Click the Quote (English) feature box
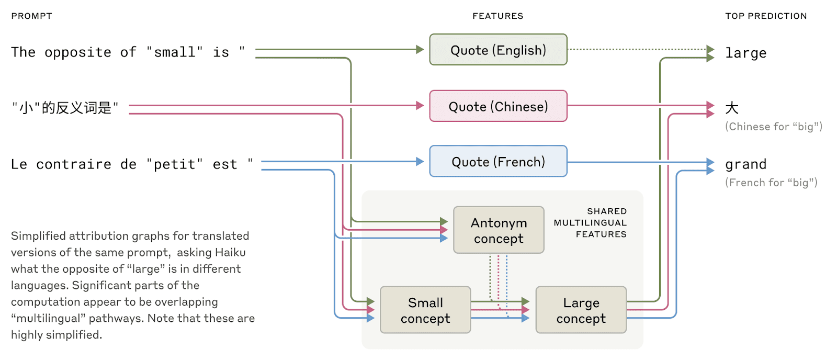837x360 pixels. pos(498,50)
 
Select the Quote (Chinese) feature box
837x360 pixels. pos(498,106)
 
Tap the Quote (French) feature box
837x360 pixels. pos(498,162)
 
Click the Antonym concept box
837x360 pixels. pos(499,230)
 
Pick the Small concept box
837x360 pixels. pos(425,310)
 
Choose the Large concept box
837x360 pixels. pos(581,310)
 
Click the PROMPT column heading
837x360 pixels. pos(31,16)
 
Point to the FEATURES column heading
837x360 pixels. pos(497,16)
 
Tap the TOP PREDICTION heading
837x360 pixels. pos(765,16)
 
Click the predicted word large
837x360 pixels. pos(745,53)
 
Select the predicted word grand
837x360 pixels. pos(745,164)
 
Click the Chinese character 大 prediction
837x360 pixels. pos(731,108)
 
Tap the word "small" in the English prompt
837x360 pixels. pos(174,52)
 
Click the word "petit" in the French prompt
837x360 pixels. pos(174,164)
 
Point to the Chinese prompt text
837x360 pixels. pos(65,108)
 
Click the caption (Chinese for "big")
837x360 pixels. pos(773,127)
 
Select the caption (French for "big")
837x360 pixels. pos(771,183)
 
